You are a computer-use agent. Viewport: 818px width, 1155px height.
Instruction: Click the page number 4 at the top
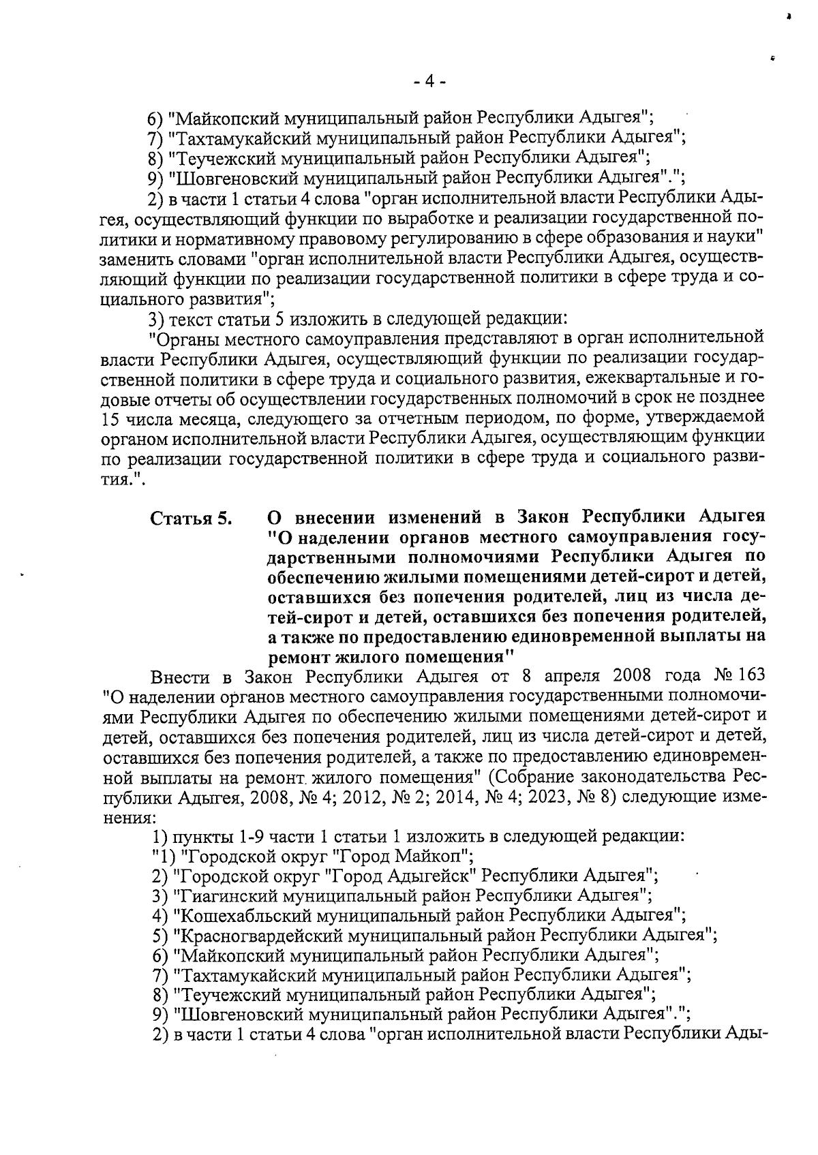click(x=429, y=81)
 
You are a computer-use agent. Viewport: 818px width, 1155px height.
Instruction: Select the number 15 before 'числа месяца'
click(x=110, y=416)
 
